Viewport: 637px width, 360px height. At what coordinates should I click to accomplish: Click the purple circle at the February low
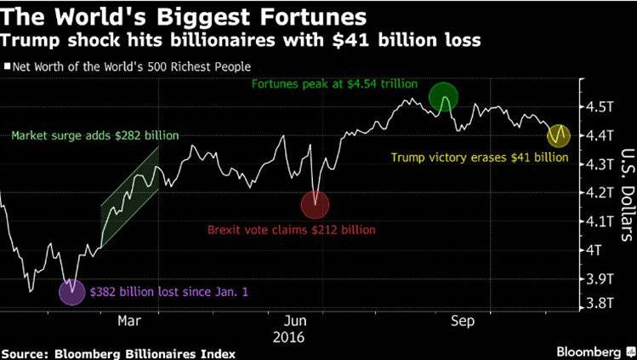[72, 292]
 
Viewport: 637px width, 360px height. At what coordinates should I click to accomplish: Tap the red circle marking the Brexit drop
[315, 205]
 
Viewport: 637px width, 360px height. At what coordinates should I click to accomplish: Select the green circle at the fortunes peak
[444, 97]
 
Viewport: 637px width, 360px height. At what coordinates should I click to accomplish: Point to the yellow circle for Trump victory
[558, 135]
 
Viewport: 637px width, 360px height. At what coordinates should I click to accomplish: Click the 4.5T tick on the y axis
[600, 107]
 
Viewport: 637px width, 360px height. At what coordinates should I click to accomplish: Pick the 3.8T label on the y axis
[600, 303]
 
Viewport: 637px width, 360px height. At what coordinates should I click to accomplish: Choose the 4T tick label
[593, 250]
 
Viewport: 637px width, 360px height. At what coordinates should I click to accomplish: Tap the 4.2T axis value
[600, 193]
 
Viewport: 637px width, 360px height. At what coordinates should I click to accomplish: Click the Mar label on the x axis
[129, 321]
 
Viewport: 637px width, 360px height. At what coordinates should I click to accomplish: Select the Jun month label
[295, 321]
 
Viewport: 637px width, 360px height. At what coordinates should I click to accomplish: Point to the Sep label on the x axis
[463, 322]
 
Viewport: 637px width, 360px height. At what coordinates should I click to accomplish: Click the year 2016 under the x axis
[288, 337]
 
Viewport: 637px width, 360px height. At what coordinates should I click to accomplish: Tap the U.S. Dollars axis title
[628, 194]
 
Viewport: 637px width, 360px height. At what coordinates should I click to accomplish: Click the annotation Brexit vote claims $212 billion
[291, 230]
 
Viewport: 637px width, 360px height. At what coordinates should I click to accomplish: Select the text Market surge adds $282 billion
[95, 135]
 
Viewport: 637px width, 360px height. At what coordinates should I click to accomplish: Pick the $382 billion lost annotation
[169, 292]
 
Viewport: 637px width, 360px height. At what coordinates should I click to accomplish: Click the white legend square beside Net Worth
[7, 66]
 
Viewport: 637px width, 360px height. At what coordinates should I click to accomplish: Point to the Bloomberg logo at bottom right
[592, 351]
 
